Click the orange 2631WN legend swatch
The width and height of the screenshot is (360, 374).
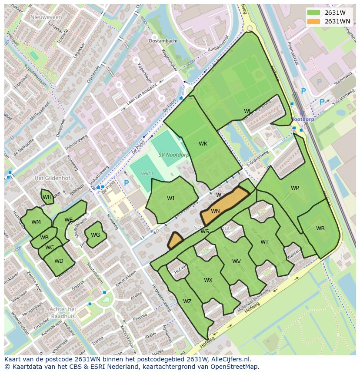pyautogui.click(x=315, y=21)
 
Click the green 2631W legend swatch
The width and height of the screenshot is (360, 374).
pyautogui.click(x=315, y=12)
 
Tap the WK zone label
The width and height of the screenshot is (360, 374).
pyautogui.click(x=203, y=144)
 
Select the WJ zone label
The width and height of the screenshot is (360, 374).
pyautogui.click(x=170, y=199)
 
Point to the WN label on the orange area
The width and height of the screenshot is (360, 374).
pyautogui.click(x=215, y=211)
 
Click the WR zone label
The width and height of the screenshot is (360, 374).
pyautogui.click(x=320, y=228)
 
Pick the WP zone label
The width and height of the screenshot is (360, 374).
pyautogui.click(x=295, y=188)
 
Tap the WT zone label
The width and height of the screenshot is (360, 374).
pyautogui.click(x=264, y=242)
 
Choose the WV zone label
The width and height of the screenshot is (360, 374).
pyautogui.click(x=237, y=261)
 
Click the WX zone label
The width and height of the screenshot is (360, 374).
pyautogui.click(x=208, y=280)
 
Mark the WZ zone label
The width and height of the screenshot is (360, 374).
pyautogui.click(x=187, y=301)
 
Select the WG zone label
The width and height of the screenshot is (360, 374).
pyautogui.click(x=96, y=235)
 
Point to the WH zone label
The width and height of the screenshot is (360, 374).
pyautogui.click(x=47, y=198)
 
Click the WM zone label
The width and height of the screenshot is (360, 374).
pyautogui.click(x=36, y=222)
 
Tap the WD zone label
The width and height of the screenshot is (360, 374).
pyautogui.click(x=59, y=261)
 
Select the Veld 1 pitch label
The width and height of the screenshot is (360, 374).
pyautogui.click(x=147, y=174)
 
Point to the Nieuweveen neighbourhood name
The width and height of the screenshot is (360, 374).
pyautogui.click(x=47, y=17)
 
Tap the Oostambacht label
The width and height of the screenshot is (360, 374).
pyautogui.click(x=163, y=41)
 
